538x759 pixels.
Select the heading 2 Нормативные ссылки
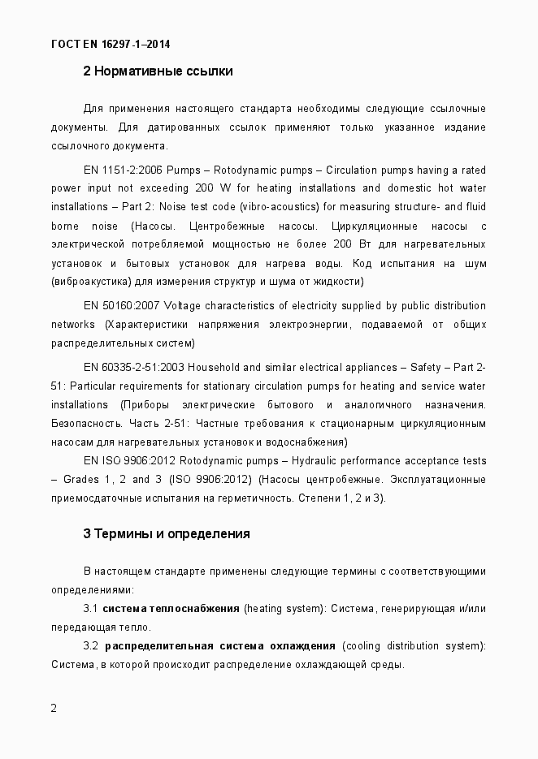click(x=158, y=71)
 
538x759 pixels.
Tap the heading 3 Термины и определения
click(x=166, y=534)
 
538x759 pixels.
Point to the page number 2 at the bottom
click(x=54, y=708)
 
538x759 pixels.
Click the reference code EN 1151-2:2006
click(x=123, y=170)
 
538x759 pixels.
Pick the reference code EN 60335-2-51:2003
click(x=133, y=367)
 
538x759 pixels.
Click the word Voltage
click(x=183, y=305)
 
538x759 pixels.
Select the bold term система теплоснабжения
click(x=171, y=608)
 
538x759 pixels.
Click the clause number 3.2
click(x=91, y=645)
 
